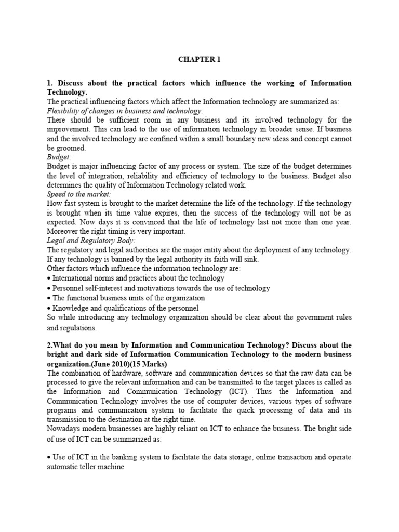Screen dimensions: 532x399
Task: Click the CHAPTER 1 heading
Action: [x=199, y=59]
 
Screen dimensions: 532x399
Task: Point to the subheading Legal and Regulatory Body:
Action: [x=91, y=241]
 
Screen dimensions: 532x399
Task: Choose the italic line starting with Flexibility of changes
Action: [x=125, y=111]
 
